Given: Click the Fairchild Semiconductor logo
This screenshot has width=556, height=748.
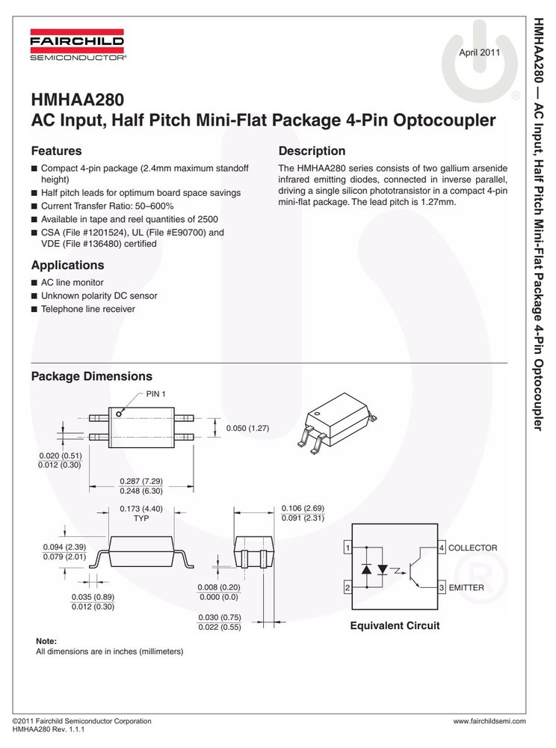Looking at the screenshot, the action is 77,45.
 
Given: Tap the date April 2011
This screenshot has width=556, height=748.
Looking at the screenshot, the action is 479,52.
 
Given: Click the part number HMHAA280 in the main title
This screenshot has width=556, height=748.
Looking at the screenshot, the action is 78,99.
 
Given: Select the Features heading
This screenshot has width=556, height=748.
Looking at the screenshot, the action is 56,151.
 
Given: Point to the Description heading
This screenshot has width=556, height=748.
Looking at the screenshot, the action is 312,151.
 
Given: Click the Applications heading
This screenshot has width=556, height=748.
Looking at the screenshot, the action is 68,266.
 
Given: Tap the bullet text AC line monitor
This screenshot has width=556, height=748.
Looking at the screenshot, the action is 72,283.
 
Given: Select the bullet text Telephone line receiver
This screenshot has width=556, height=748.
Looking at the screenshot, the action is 88,309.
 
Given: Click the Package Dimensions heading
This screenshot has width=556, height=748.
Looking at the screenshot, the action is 91,376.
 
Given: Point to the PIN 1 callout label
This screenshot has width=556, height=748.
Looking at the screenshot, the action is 155,394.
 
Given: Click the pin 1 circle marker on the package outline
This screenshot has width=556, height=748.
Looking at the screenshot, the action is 119,414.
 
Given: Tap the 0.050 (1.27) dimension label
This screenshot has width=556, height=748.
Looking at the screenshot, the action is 248,428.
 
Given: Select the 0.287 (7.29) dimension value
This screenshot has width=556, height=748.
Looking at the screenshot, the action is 141,481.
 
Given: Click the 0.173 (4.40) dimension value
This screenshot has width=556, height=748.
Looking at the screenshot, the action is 141,509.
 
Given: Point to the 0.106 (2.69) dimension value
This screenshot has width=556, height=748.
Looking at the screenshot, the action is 303,508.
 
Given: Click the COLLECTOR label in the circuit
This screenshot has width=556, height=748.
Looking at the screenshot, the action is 472,548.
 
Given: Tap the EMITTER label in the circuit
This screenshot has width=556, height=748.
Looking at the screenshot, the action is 466,588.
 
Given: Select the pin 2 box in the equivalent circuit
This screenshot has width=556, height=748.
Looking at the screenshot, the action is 347,588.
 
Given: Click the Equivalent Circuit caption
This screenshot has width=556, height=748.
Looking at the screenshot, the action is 395,626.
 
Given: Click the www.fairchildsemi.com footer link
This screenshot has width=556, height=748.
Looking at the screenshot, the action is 489,721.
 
